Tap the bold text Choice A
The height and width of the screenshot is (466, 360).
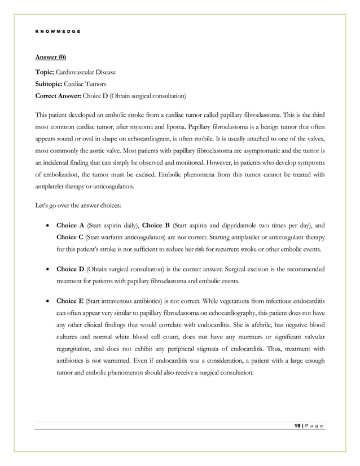click(x=69, y=225)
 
